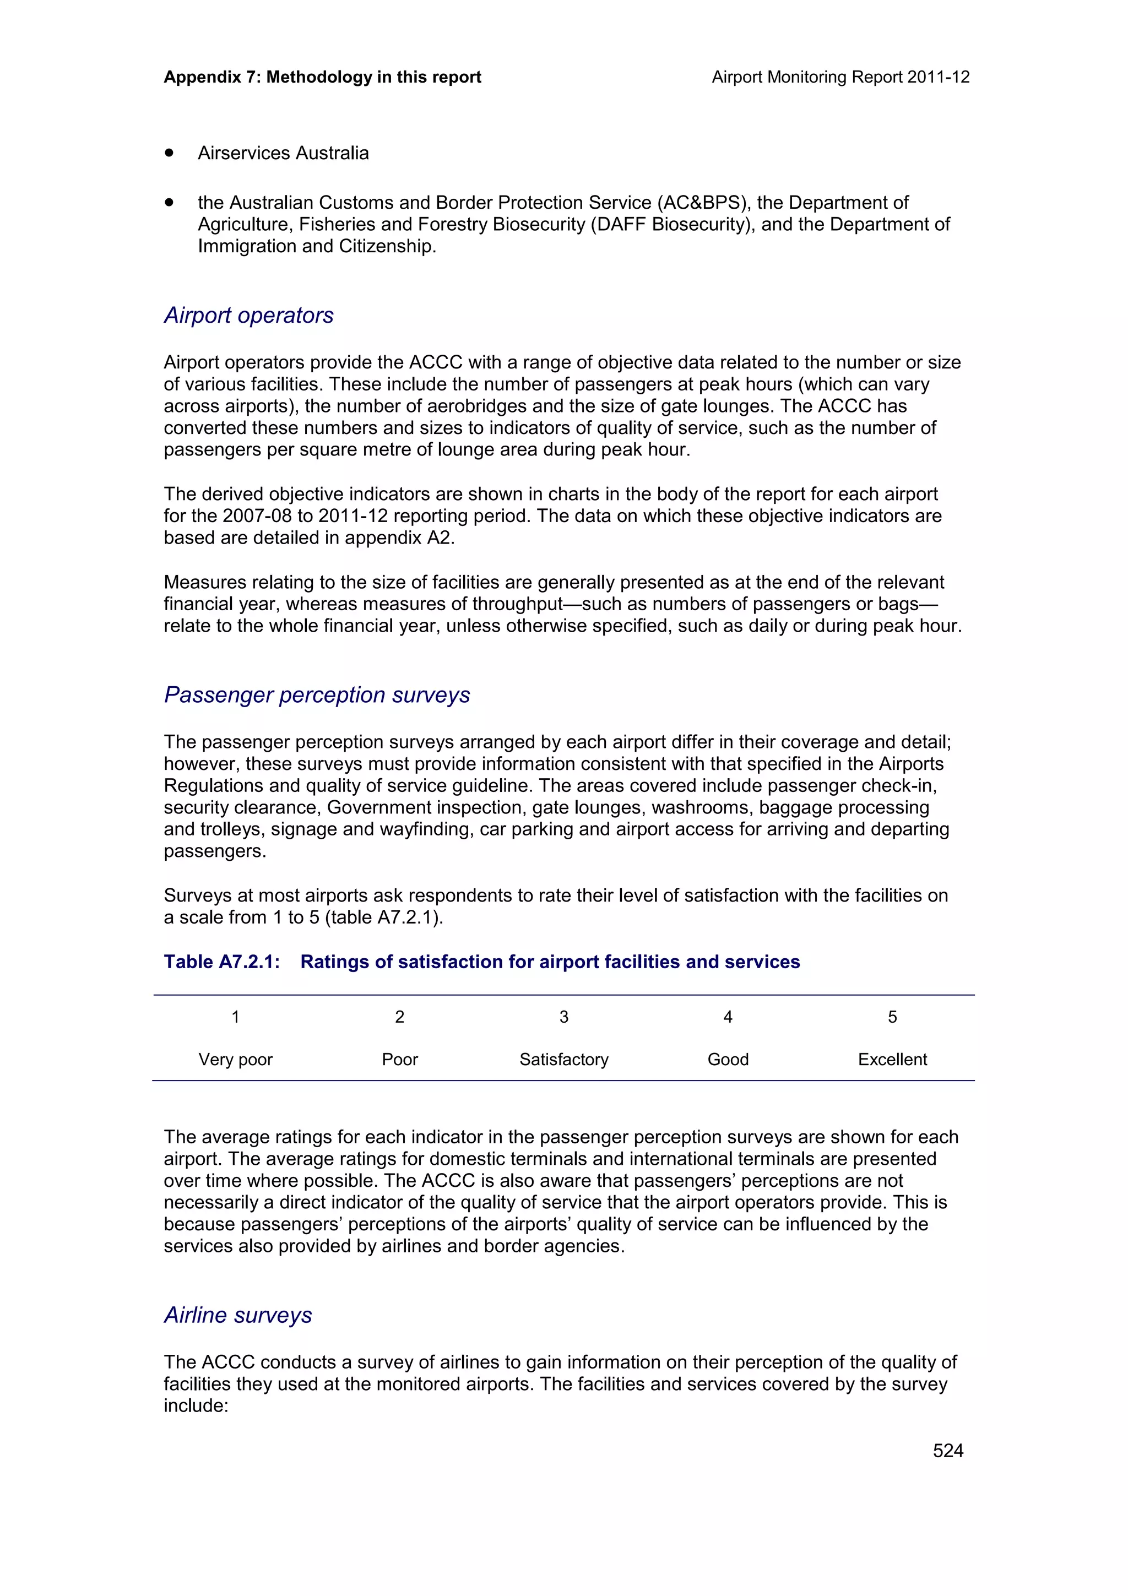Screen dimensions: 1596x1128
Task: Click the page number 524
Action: pyautogui.click(x=947, y=1450)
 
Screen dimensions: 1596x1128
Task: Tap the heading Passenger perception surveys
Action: pyautogui.click(x=316, y=695)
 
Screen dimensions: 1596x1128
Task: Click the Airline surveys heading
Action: pyautogui.click(x=238, y=1315)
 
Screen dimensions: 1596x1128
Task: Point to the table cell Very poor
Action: pyautogui.click(x=235, y=1060)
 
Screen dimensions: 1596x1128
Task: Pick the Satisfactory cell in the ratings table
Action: pyautogui.click(x=563, y=1060)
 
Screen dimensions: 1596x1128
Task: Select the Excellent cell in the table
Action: pyautogui.click(x=892, y=1060)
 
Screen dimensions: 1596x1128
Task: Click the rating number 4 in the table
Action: pyautogui.click(x=728, y=1017)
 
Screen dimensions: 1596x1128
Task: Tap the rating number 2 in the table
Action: pyautogui.click(x=400, y=1017)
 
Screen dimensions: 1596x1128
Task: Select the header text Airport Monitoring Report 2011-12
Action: pyautogui.click(x=840, y=77)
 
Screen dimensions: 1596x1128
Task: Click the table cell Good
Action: pyautogui.click(x=728, y=1060)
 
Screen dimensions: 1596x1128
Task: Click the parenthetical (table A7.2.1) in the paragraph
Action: pyautogui.click(x=384, y=918)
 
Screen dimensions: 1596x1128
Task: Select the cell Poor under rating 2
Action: pyautogui.click(x=400, y=1060)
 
